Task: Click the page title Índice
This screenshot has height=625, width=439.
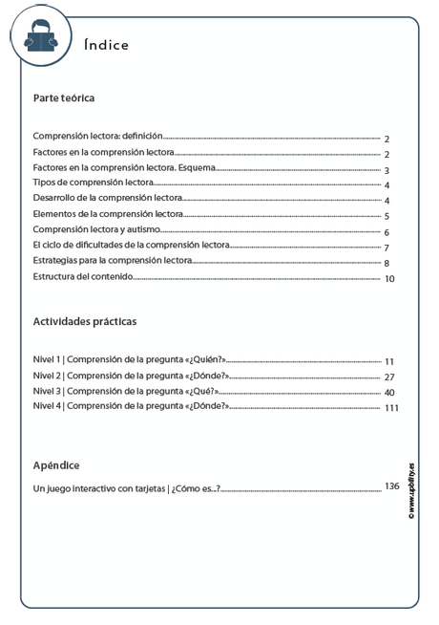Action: [x=106, y=45]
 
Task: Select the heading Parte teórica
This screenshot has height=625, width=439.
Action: [x=63, y=97]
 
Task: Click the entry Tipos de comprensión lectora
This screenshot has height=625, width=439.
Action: [x=93, y=183]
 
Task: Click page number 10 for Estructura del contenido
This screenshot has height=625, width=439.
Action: [x=389, y=279]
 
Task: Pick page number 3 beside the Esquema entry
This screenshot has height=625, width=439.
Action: [x=387, y=171]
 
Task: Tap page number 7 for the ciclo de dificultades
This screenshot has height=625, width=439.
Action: [x=387, y=248]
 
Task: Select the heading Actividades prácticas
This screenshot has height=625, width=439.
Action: [x=84, y=322]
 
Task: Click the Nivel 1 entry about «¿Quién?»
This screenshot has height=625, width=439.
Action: [x=128, y=360]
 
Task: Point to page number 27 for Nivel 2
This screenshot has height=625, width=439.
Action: [x=389, y=377]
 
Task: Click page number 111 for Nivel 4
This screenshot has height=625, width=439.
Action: [x=391, y=409]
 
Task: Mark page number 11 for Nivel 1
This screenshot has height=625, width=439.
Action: [x=389, y=362]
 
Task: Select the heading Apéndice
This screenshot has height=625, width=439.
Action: [x=55, y=465]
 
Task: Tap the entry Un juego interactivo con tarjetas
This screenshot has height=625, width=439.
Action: [x=126, y=489]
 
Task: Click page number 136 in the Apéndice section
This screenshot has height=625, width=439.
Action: [x=391, y=486]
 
